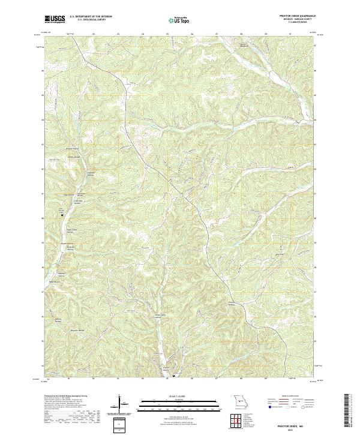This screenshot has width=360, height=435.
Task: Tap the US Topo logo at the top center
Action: click(180, 20)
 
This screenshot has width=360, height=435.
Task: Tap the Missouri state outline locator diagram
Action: click(240, 401)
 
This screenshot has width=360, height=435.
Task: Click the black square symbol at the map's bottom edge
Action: click(174, 376)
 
